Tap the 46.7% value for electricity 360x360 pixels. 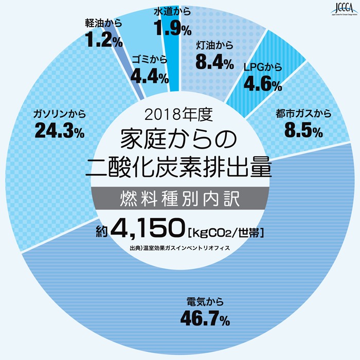click(204, 319)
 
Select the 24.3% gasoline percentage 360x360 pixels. click(60, 130)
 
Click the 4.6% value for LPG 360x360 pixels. click(262, 83)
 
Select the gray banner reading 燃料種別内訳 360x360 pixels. click(180, 197)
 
